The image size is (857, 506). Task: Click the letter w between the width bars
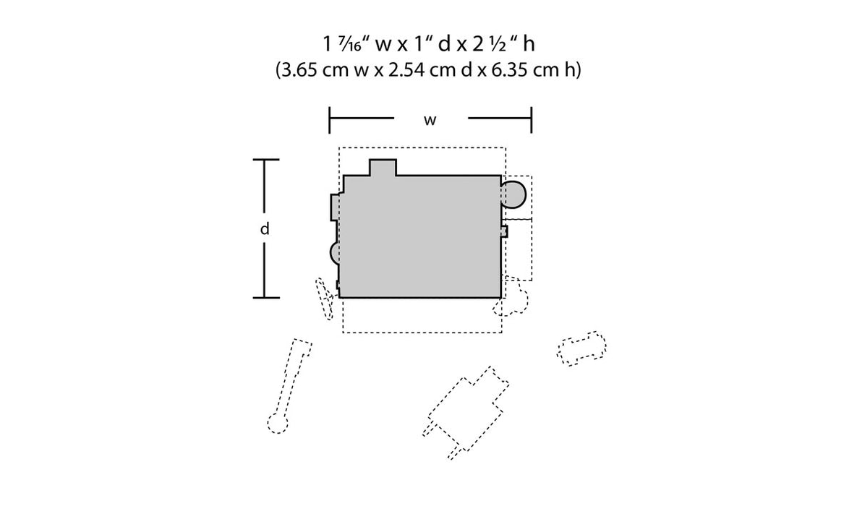(430, 120)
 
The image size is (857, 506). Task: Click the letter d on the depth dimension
(265, 228)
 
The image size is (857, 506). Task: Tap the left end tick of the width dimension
(330, 120)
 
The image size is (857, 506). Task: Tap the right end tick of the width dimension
(532, 120)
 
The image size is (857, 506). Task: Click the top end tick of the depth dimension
(265, 160)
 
